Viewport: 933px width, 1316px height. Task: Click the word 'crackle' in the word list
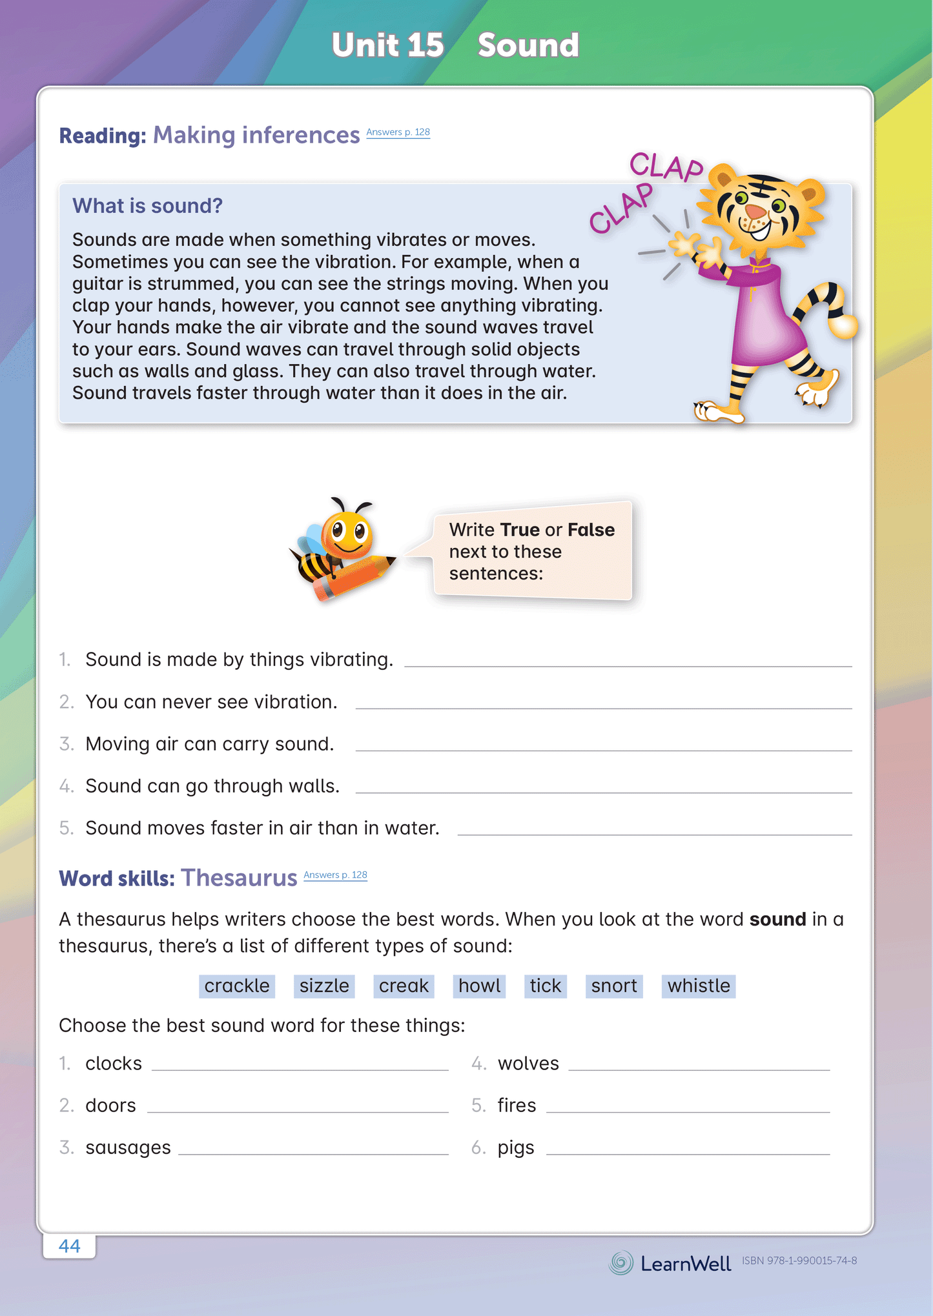236,986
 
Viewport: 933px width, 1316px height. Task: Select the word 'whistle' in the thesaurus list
698,986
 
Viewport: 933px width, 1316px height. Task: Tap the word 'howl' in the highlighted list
479,986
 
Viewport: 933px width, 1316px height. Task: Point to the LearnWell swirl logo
621,1262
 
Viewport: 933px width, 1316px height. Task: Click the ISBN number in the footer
799,1260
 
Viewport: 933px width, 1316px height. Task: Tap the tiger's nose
755,212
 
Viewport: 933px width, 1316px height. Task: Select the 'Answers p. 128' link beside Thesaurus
335,875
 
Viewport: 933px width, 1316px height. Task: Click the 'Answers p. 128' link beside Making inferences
398,132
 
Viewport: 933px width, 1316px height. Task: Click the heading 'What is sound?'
147,205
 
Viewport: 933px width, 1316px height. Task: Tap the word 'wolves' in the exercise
528,1063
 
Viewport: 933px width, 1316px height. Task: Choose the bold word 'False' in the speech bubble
591,529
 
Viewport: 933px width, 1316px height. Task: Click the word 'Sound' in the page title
528,45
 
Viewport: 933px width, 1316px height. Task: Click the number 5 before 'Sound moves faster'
66,828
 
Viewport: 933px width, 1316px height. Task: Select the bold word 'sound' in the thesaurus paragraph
777,919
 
